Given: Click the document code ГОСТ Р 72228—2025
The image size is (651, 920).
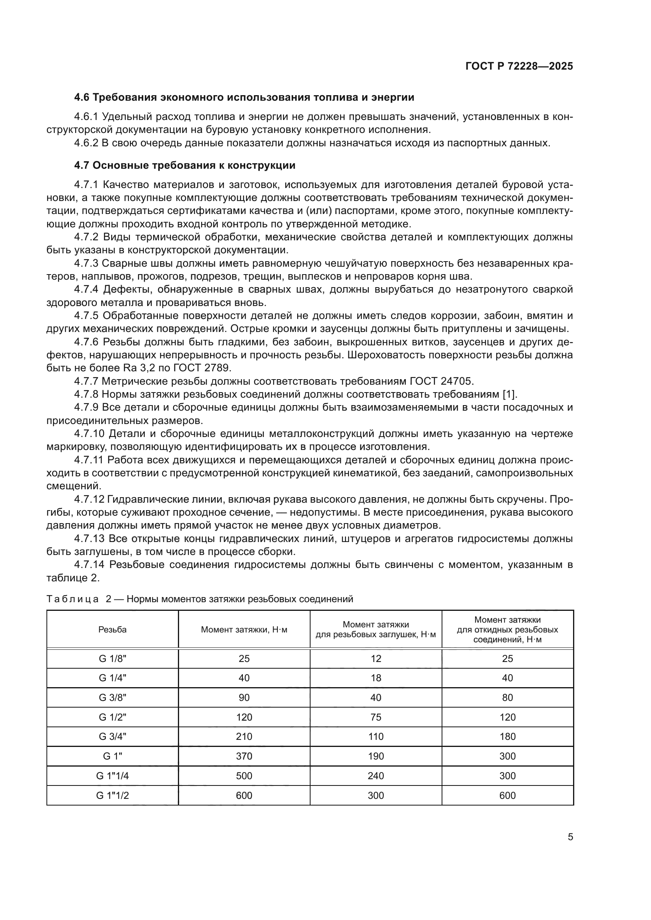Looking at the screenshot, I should click(519, 66).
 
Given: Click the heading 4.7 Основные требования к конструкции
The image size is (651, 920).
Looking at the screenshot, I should click(185, 165).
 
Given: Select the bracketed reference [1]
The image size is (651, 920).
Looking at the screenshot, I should click(509, 394).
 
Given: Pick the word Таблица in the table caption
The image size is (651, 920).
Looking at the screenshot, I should click(72, 599).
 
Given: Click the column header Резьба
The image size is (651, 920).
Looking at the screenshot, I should click(112, 629).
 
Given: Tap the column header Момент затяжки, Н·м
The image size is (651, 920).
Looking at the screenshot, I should click(244, 629).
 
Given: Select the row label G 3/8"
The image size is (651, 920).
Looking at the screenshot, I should click(112, 698).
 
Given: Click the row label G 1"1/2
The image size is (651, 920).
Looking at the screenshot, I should click(112, 795).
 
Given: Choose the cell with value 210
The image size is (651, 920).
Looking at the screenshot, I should click(244, 736).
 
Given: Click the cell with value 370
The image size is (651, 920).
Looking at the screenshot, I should click(244, 756).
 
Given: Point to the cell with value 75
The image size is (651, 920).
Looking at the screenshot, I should click(375, 717).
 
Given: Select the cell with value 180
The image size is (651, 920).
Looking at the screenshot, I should click(507, 736).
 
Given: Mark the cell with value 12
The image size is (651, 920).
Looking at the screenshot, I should click(375, 659).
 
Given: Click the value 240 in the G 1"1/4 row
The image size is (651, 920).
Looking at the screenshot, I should click(375, 776).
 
